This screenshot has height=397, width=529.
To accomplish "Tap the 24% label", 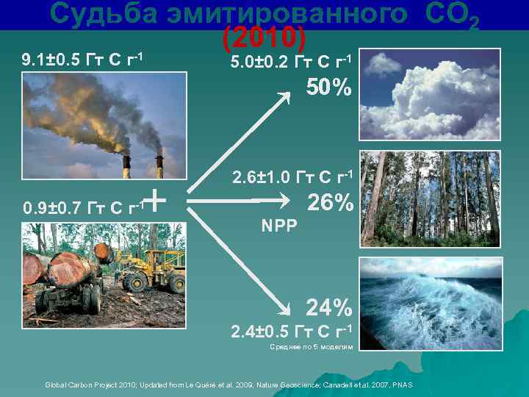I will pyautogui.click(x=329, y=306).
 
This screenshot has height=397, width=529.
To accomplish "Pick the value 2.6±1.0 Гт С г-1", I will pyautogui.click(x=293, y=177).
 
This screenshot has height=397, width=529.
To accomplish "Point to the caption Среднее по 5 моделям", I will pyautogui.click(x=312, y=346).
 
